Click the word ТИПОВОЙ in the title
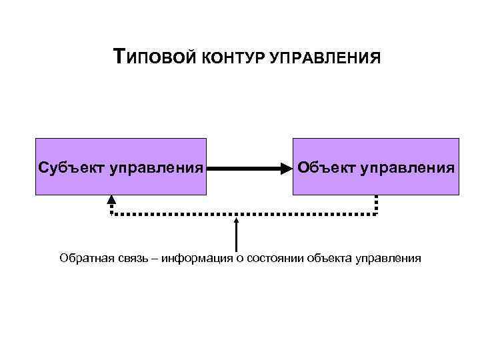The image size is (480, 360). (x=153, y=57)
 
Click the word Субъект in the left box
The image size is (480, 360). (x=73, y=166)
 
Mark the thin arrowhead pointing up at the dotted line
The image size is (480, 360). (x=236, y=219)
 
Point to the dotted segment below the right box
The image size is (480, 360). (x=376, y=204)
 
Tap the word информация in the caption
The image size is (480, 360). (x=193, y=258)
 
